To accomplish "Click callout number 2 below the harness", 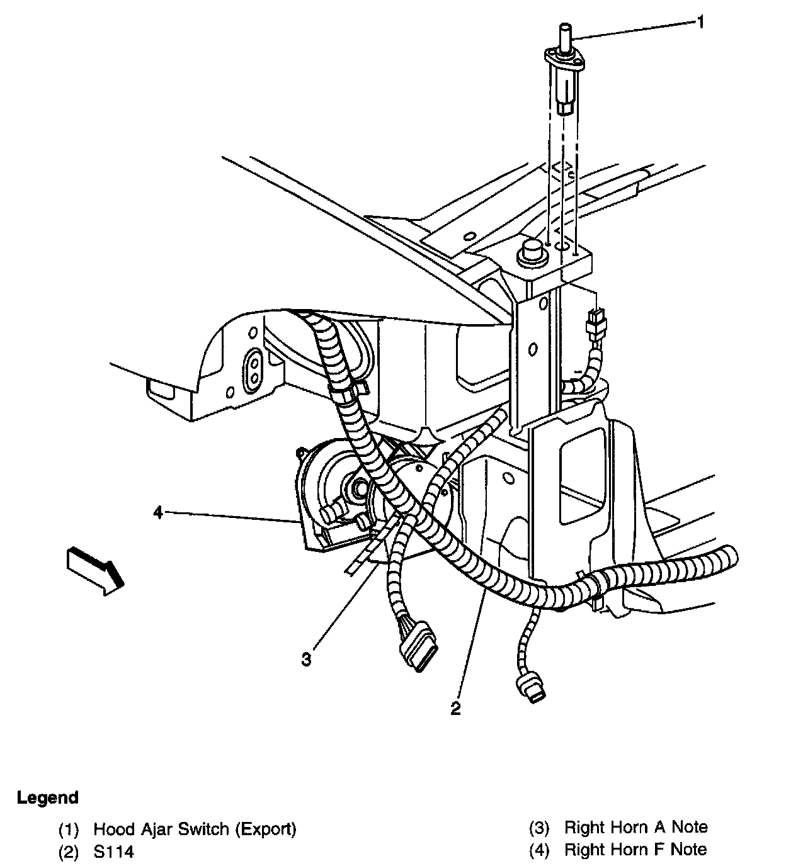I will (x=455, y=708).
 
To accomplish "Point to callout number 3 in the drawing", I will (x=306, y=660).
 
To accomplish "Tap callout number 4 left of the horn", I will (x=158, y=513).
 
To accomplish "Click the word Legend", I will (x=48, y=798).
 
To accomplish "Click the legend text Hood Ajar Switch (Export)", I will (x=195, y=829).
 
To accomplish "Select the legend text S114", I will (x=113, y=852).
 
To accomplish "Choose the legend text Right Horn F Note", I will (x=635, y=850).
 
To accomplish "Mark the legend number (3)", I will (x=539, y=828).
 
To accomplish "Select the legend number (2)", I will (x=69, y=852).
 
